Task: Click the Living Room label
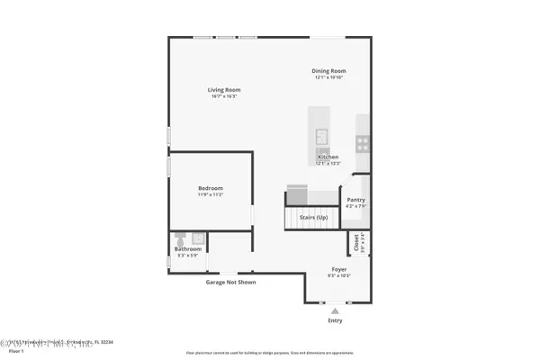tap(224, 90)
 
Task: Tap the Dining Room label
tap(329, 71)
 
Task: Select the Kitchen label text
tap(328, 157)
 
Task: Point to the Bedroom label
tap(211, 188)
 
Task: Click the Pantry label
tap(356, 200)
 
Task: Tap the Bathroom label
tap(187, 248)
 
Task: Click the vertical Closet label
tap(356, 242)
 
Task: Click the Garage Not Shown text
tap(231, 282)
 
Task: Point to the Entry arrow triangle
tap(336, 310)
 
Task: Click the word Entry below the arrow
tap(336, 319)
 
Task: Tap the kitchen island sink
tap(320, 136)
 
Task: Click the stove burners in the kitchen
tap(362, 140)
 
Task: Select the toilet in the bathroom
tap(180, 238)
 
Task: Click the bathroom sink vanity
tap(198, 238)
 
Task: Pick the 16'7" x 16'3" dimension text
tap(224, 96)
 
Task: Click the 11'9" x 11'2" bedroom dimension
tap(211, 194)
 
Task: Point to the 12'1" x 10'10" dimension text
tap(329, 77)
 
